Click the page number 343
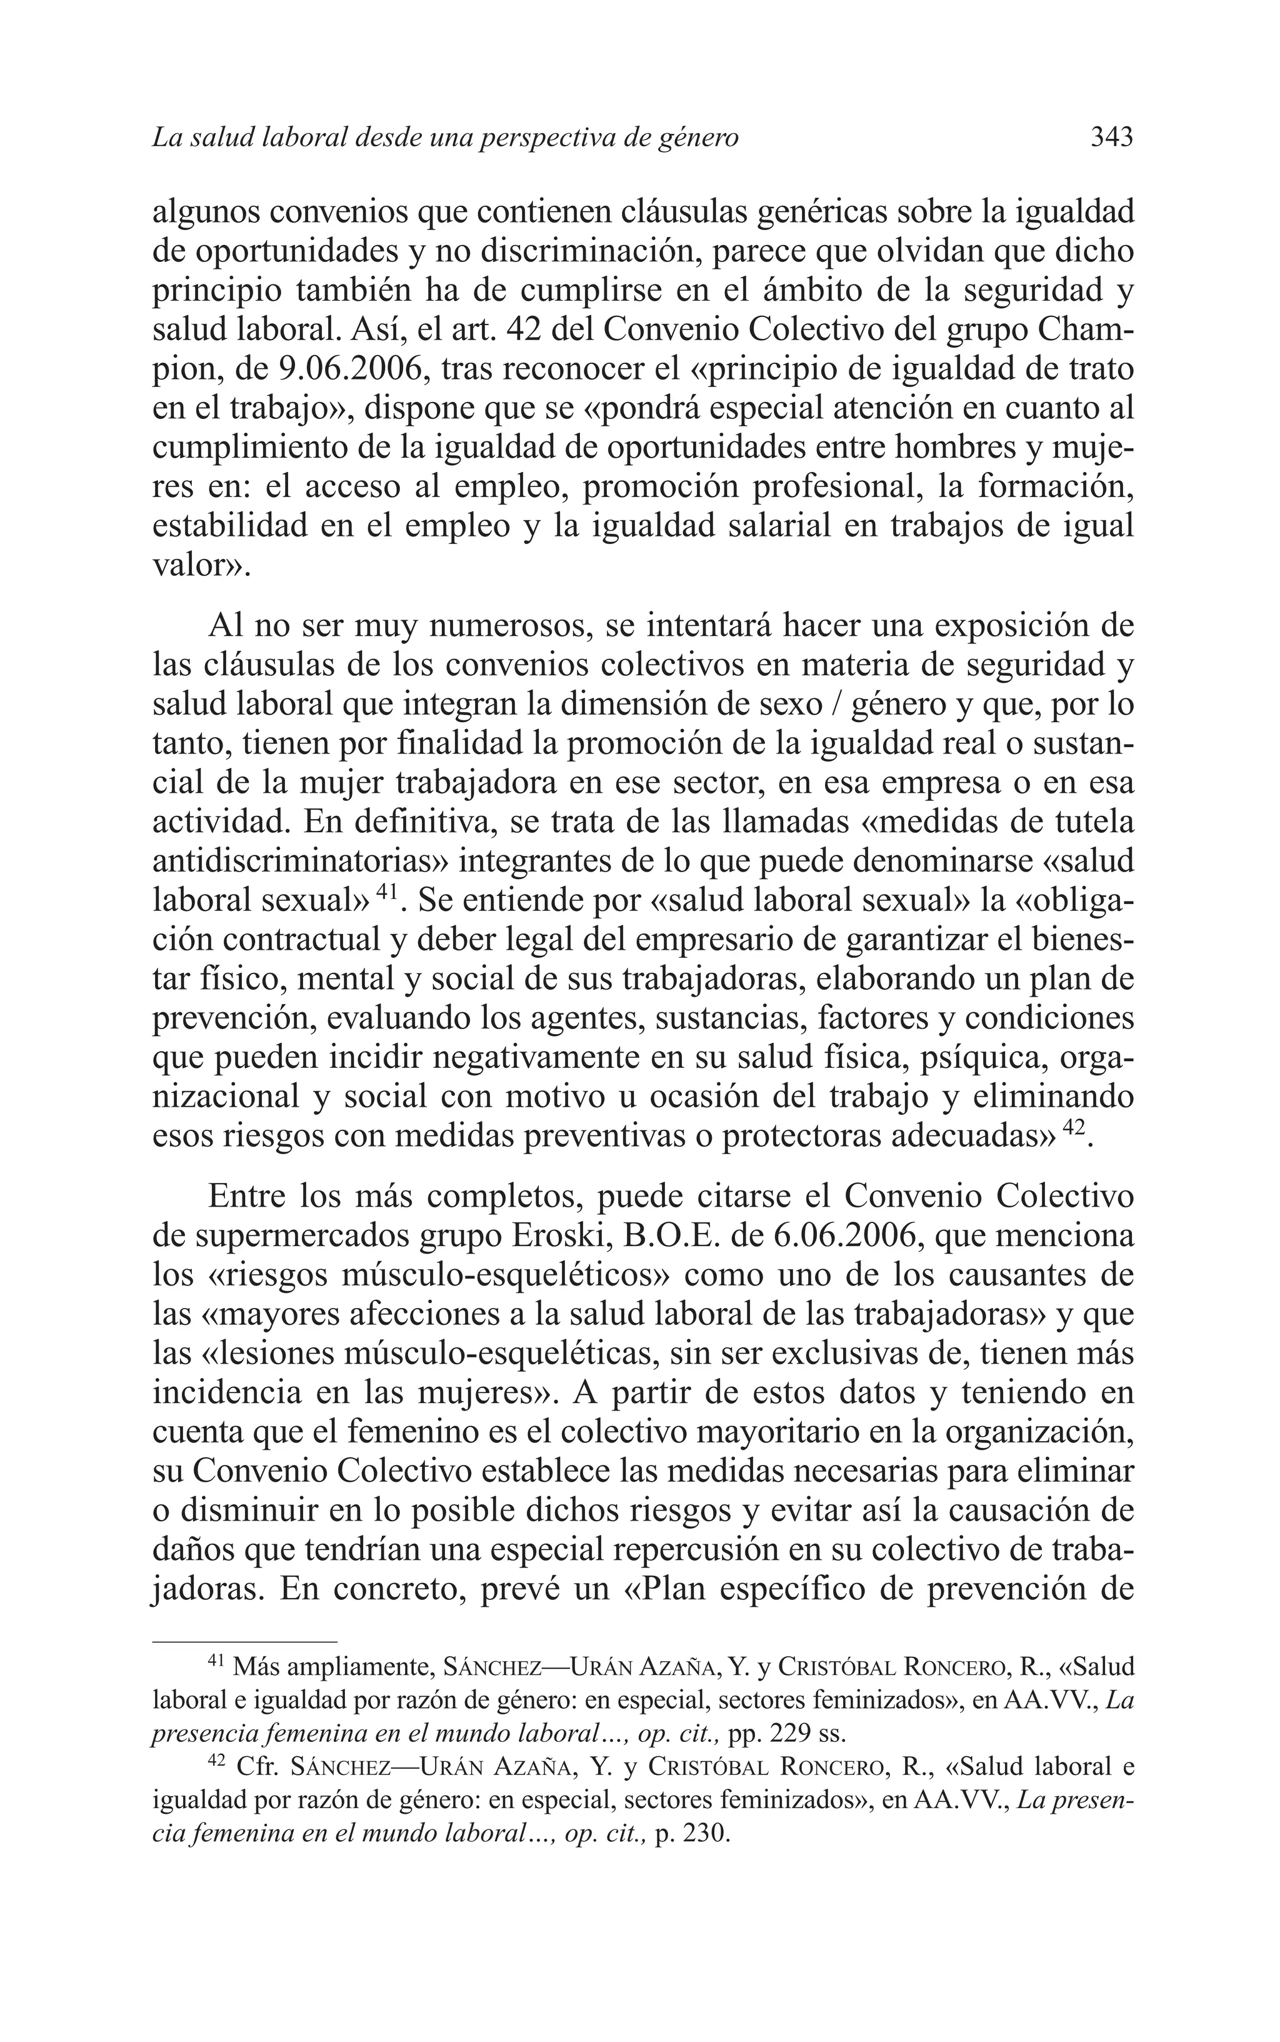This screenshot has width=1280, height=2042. [1111, 137]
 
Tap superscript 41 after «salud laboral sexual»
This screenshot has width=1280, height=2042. [387, 892]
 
